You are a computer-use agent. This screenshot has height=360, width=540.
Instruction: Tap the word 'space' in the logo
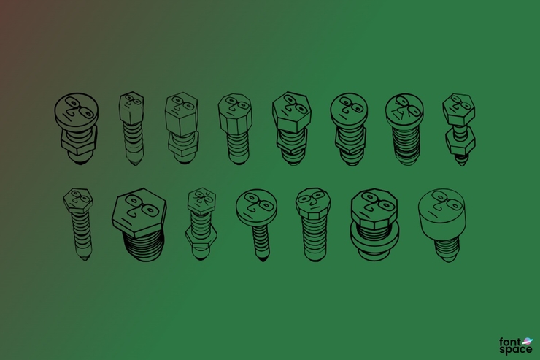[x=514, y=349]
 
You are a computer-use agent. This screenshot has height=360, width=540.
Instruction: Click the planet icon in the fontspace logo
[x=528, y=340]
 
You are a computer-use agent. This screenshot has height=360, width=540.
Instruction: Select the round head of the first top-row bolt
[x=74, y=112]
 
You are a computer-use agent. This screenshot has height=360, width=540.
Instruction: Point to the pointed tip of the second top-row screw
[x=134, y=159]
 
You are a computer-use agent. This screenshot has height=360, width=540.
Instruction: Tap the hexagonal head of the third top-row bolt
[x=181, y=114]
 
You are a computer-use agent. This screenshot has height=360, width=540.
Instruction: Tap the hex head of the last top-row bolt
[x=459, y=109]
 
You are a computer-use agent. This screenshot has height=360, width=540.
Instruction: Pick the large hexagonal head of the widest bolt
[x=139, y=210]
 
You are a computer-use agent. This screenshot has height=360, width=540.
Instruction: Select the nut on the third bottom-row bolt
[x=201, y=234]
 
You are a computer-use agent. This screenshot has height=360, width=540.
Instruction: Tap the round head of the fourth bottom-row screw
[x=255, y=207]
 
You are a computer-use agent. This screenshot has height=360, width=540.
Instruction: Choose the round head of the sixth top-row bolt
[x=348, y=110]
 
